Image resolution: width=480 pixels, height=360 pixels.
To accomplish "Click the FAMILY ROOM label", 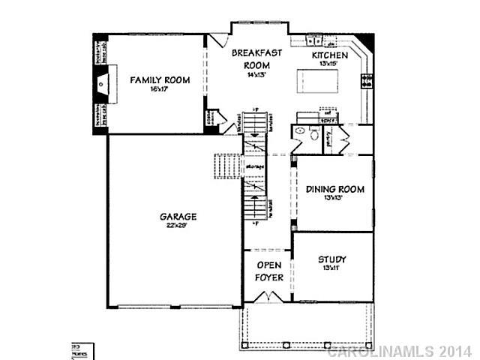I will coord(160,80).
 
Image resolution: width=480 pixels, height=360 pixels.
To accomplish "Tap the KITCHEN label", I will coord(330,55).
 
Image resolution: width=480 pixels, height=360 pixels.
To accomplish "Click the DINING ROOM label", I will coord(335,190).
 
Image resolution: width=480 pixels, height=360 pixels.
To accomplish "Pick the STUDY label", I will coord(331,259).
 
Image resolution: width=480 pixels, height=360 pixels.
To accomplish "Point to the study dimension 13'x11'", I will coord(331,269).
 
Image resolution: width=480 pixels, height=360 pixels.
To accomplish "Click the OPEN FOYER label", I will coord(268,271).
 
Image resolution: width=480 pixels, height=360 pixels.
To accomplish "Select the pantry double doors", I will coord(344,139).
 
